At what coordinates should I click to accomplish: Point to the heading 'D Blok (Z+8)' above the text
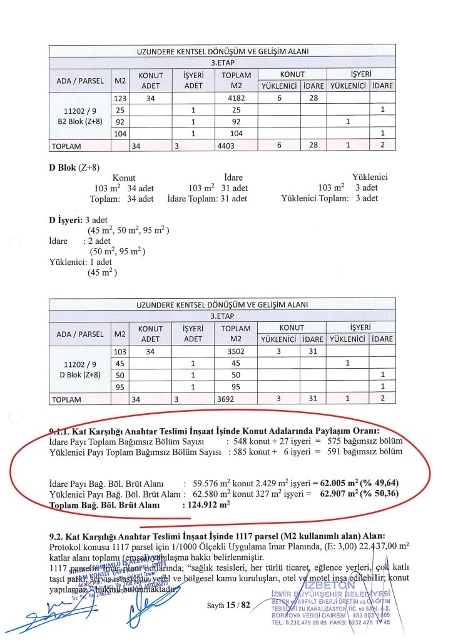click(74, 167)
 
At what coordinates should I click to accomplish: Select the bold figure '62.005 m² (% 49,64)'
click(359, 483)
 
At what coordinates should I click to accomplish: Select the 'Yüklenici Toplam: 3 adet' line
click(330, 198)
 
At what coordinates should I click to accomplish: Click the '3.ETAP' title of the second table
click(221, 316)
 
